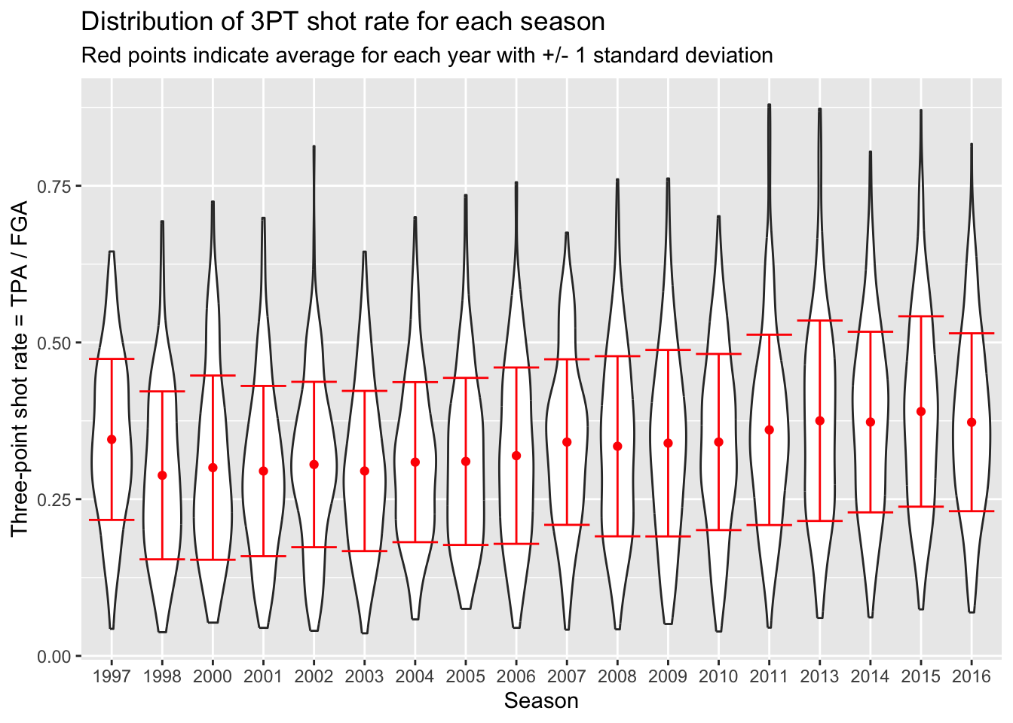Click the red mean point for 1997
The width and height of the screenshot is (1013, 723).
(x=112, y=439)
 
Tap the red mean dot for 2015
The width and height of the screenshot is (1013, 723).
(x=920, y=411)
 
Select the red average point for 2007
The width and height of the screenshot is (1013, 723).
(x=567, y=442)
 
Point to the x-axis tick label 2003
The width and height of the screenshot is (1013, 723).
(x=365, y=676)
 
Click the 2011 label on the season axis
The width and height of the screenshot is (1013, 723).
(x=769, y=676)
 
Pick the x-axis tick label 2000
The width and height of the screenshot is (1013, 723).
(x=213, y=676)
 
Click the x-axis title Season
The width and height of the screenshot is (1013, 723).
(x=541, y=701)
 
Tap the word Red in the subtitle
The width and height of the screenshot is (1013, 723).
(x=98, y=56)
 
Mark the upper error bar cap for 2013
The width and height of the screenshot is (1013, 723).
(x=819, y=321)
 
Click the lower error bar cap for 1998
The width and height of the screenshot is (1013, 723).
(x=162, y=559)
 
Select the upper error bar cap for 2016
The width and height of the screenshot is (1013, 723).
(x=972, y=333)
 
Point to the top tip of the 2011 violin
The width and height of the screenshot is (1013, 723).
(x=769, y=105)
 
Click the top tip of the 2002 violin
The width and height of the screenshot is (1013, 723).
(x=314, y=146)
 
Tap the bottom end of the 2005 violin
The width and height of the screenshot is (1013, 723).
(x=466, y=608)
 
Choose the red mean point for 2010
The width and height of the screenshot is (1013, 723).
(x=718, y=441)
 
